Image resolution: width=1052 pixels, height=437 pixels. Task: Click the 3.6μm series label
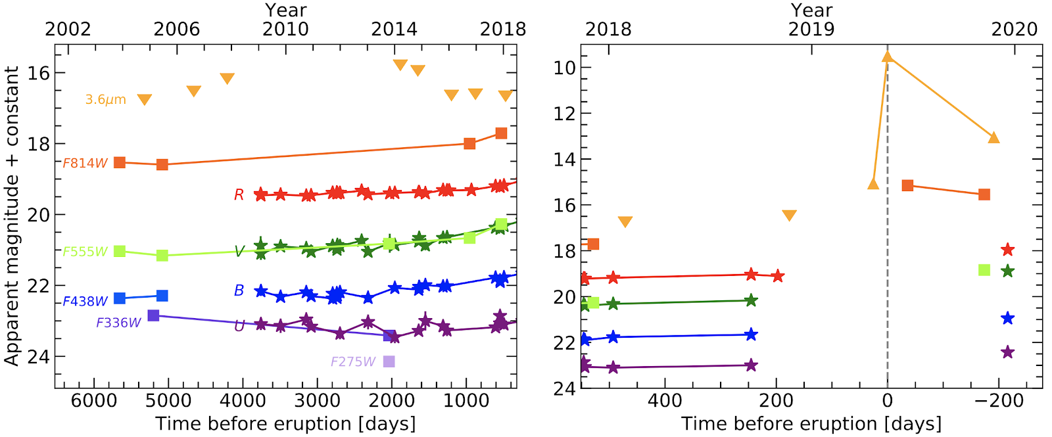tap(105, 100)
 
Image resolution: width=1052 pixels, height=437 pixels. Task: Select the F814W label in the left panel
tap(85, 163)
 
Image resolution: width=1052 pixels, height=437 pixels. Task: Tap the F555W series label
tap(85, 252)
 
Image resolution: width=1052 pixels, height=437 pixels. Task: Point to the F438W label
tap(85, 302)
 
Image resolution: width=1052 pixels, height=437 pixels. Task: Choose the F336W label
tap(118, 323)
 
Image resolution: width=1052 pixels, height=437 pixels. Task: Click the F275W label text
tap(353, 362)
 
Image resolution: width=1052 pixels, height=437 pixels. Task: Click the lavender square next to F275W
tap(389, 361)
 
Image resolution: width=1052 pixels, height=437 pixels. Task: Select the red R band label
tap(239, 195)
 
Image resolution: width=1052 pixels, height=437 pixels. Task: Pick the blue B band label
tap(239, 290)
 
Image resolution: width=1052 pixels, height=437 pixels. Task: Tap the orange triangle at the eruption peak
tap(888, 57)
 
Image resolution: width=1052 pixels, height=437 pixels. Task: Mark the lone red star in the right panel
tap(1007, 250)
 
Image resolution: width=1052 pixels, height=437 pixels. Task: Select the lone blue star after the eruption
tap(1007, 319)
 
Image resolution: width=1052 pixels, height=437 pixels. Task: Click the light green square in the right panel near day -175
tap(984, 270)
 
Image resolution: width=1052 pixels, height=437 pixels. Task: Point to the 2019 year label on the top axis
tap(811, 30)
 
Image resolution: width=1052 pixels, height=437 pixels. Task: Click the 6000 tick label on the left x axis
tap(94, 400)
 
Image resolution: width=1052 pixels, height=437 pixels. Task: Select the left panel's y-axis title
tap(12, 216)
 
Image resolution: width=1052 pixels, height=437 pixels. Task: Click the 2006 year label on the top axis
tap(176, 30)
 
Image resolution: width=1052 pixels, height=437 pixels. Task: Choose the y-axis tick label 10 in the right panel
tap(564, 68)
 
